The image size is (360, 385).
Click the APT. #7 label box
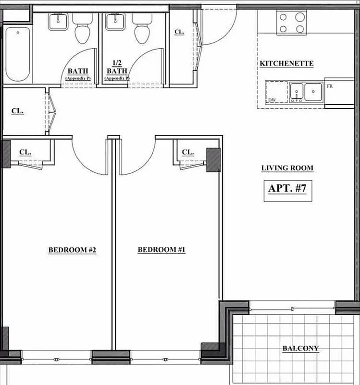[287, 189]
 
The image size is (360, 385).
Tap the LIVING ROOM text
[287, 168]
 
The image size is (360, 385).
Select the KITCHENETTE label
[286, 64]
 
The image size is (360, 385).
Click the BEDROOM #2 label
[73, 250]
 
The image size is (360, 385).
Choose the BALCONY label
[300, 348]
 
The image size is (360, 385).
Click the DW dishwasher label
[273, 100]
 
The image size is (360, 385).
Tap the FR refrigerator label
[330, 86]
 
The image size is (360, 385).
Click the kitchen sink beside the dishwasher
[306, 91]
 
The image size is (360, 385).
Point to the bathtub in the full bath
[17, 54]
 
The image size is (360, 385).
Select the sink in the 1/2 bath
[115, 21]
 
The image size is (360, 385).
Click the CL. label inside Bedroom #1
[188, 153]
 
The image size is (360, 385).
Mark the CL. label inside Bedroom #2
[25, 152]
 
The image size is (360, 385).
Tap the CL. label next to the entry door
[179, 32]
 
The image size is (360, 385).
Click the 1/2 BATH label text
[117, 67]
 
